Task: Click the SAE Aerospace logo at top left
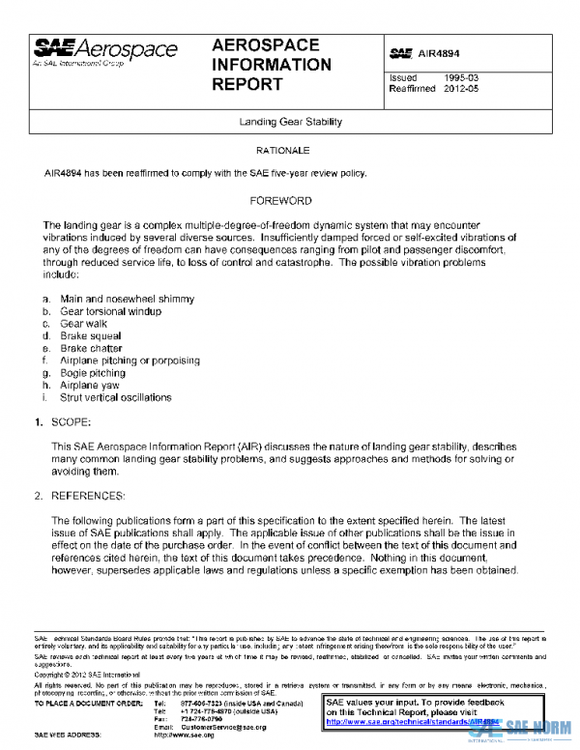tap(106, 52)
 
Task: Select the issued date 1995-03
tap(461, 77)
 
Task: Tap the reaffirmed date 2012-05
tap(461, 89)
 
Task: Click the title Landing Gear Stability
tap(290, 123)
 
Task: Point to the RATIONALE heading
tap(282, 152)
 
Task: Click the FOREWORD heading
tap(280, 201)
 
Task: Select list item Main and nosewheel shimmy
tap(127, 300)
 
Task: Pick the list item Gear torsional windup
tap(110, 312)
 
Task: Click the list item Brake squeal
tap(93, 336)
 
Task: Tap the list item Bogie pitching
tap(93, 372)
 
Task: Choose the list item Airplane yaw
tap(92, 385)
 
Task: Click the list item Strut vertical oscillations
tap(115, 397)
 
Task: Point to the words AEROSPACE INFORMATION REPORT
tap(271, 65)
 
